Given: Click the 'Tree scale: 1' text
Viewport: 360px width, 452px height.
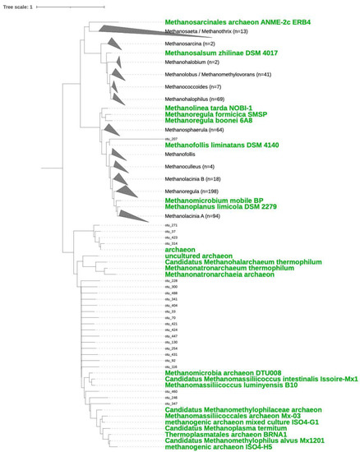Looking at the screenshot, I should (x=20, y=7).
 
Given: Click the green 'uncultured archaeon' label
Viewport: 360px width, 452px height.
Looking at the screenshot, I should (x=199, y=256).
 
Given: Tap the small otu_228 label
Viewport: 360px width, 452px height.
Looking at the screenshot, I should (x=171, y=280).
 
